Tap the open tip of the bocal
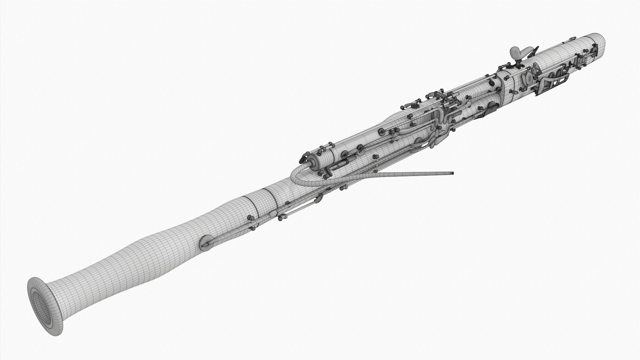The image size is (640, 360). point(452,173)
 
